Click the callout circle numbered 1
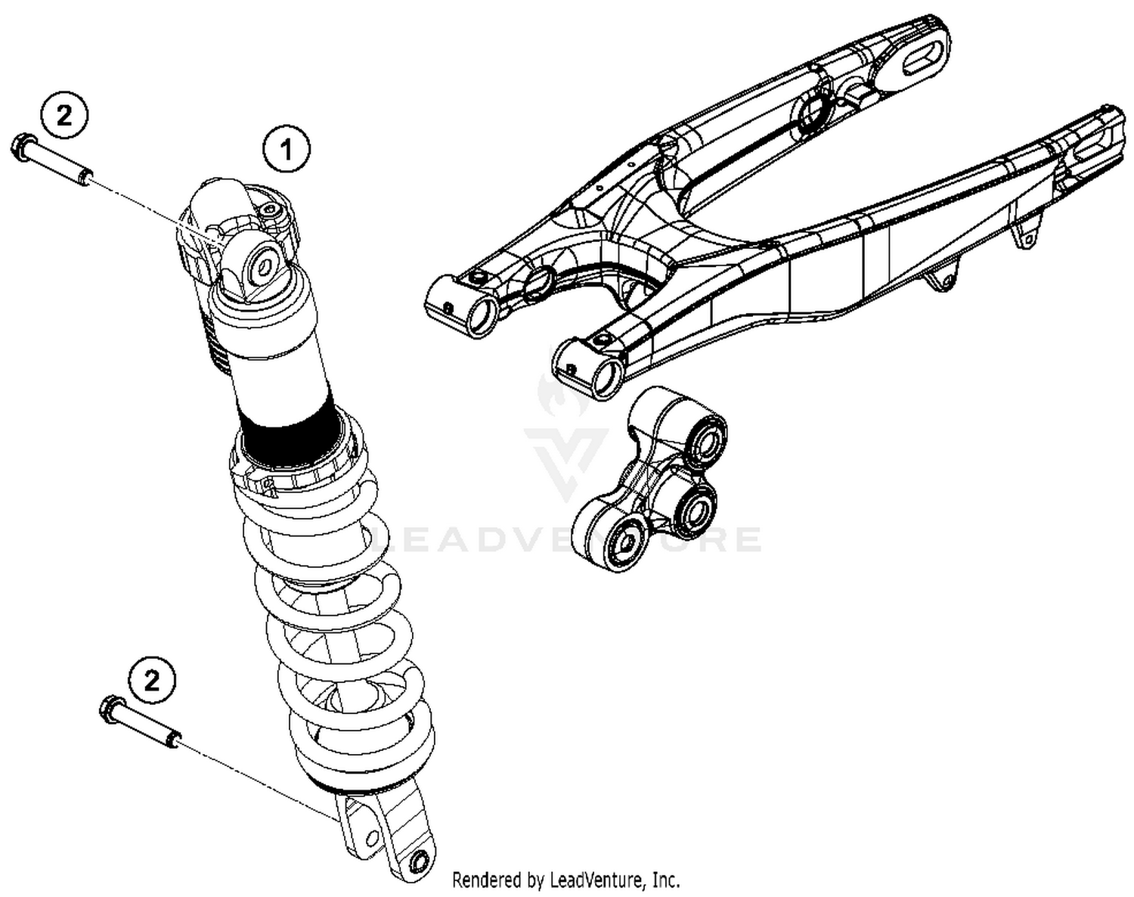tap(287, 151)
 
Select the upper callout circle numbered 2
tap(65, 116)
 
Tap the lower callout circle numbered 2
tap(152, 681)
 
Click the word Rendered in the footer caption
tap(487, 880)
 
